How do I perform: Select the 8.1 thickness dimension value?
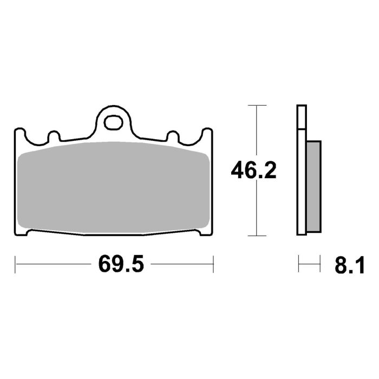pyautogui.click(x=349, y=265)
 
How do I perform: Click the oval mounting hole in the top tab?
pyautogui.click(x=113, y=122)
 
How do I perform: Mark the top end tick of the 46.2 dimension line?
pyautogui.click(x=257, y=104)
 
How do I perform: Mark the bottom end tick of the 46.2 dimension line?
pyautogui.click(x=257, y=236)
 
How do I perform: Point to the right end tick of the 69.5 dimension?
pyautogui.click(x=213, y=265)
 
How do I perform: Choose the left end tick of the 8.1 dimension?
pyautogui.click(x=299, y=265)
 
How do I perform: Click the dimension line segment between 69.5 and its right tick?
pyautogui.click(x=181, y=265)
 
